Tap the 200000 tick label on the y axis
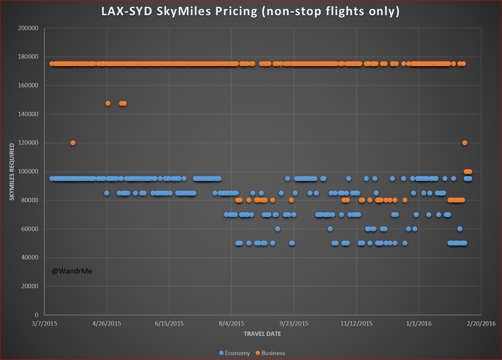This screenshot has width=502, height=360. pyautogui.click(x=28, y=28)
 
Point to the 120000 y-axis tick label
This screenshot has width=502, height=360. pyautogui.click(x=28, y=143)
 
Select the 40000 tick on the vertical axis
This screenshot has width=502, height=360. pyautogui.click(x=30, y=257)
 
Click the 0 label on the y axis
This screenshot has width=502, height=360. pyautogui.click(x=36, y=315)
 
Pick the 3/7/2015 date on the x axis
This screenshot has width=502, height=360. pyautogui.click(x=44, y=324)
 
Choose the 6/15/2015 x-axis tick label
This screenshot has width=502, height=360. pyautogui.click(x=169, y=324)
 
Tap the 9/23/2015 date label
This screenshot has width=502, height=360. pyautogui.click(x=294, y=324)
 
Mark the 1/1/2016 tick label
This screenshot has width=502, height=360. pyautogui.click(x=419, y=324)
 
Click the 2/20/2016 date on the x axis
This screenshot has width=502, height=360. pyautogui.click(x=481, y=324)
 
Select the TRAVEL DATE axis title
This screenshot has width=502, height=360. pyautogui.click(x=262, y=334)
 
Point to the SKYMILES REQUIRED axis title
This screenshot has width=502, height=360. pyautogui.click(x=12, y=172)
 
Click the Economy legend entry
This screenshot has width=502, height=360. pyautogui.click(x=234, y=353)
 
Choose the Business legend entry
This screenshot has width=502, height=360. pyautogui.click(x=270, y=353)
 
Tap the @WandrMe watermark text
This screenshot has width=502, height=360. pyautogui.click(x=72, y=271)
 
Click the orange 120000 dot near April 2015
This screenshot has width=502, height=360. pyautogui.click(x=73, y=143)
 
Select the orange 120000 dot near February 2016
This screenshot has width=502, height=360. pyautogui.click(x=465, y=143)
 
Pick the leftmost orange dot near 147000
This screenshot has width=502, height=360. pyautogui.click(x=108, y=104)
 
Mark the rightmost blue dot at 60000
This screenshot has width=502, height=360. pyautogui.click(x=460, y=229)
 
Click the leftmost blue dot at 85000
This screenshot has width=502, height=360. pyautogui.click(x=106, y=193)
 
